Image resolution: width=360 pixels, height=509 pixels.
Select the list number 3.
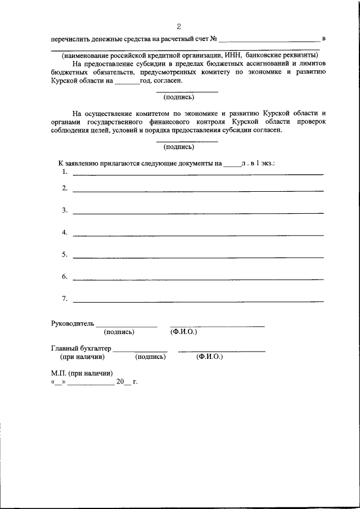click(x=65, y=210)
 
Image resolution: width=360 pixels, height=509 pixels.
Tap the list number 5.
click(x=65, y=255)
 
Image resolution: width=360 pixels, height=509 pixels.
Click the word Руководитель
click(x=72, y=323)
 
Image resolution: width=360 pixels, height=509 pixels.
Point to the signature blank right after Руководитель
click(x=127, y=326)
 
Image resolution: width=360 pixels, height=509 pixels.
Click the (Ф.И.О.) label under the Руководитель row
click(x=183, y=332)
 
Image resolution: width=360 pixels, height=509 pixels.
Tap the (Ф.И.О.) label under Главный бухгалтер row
click(x=209, y=357)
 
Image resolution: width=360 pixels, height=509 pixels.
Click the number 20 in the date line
click(x=120, y=381)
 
